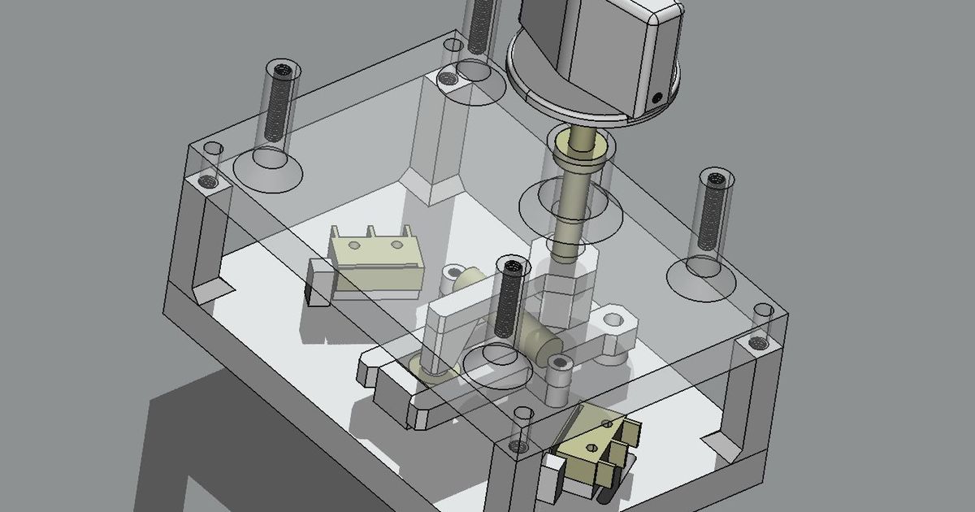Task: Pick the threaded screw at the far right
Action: pos(713,211)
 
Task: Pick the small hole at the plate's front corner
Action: pos(520,445)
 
